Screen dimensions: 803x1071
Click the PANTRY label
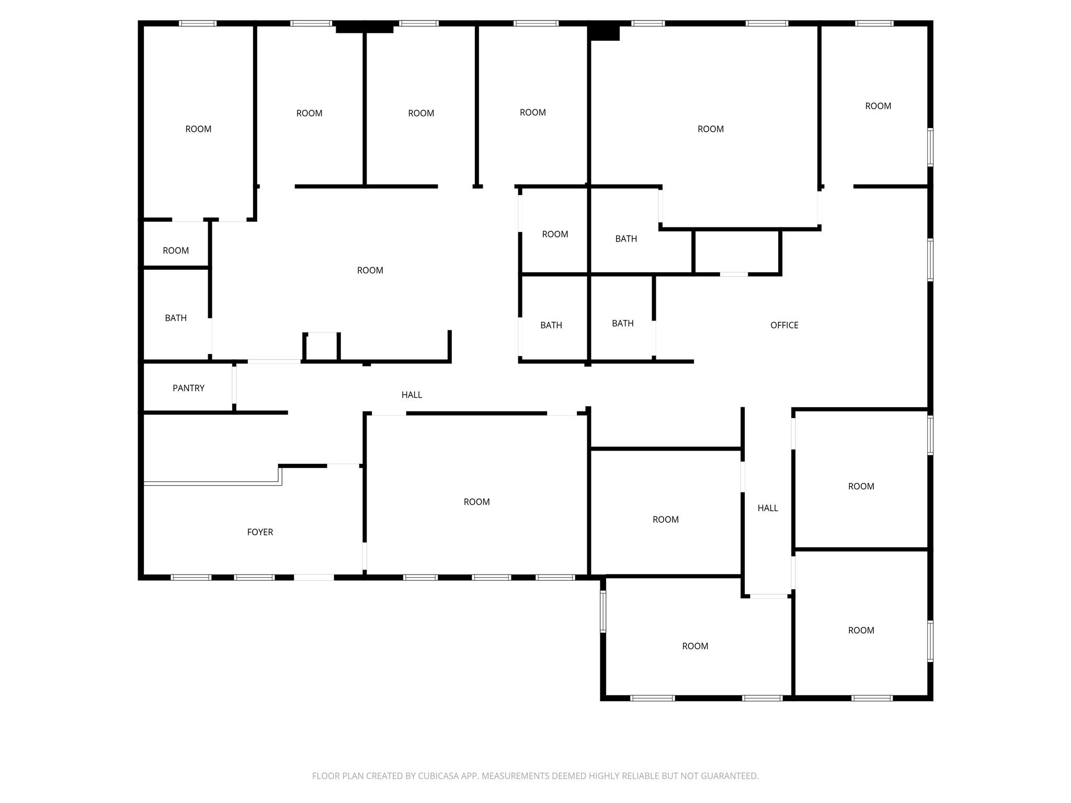point(188,388)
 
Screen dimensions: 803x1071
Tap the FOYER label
point(260,532)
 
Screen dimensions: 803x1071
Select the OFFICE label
point(784,325)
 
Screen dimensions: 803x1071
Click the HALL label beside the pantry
point(412,395)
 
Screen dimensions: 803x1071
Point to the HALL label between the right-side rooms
point(768,508)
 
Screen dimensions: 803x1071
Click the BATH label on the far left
point(176,318)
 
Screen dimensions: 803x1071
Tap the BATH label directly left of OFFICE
point(622,323)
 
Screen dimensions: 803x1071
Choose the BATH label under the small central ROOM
point(551,325)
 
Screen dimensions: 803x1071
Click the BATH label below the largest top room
point(626,239)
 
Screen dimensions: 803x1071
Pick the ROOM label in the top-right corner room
point(878,106)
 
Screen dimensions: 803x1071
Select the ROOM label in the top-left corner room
point(198,129)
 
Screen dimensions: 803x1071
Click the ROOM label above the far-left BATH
point(176,250)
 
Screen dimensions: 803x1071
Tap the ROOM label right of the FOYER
point(476,502)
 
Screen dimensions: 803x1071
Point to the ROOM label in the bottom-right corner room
point(861,630)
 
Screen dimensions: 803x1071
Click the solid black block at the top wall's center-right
point(604,32)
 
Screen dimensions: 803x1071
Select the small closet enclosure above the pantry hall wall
point(322,347)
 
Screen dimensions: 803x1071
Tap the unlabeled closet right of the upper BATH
point(737,252)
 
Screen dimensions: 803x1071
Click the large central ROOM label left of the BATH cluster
point(370,270)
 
